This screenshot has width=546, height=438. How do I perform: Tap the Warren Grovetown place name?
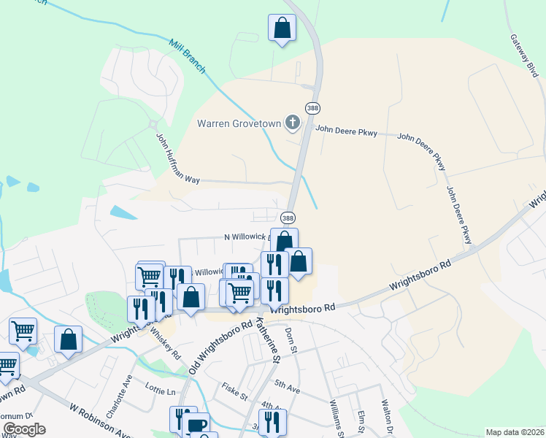tap(239, 123)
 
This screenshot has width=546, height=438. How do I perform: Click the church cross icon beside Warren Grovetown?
tap(292, 122)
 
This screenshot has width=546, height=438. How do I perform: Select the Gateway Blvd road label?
tap(524, 55)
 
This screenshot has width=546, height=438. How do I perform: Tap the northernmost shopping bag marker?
tap(281, 29)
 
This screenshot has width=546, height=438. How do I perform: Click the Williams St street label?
tap(336, 417)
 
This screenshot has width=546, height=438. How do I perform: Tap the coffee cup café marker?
tap(196, 426)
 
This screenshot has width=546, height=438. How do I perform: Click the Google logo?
tap(24, 429)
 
